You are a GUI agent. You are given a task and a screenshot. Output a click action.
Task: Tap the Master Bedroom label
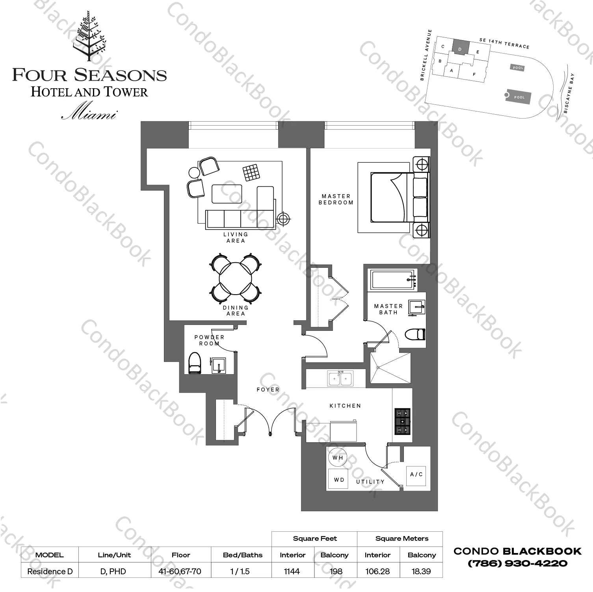tap(336, 199)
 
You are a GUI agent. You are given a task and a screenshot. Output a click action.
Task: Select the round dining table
tap(236, 279)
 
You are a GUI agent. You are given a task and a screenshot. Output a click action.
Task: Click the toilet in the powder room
tap(195, 363)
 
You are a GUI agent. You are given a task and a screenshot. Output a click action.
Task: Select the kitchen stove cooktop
tap(402, 421)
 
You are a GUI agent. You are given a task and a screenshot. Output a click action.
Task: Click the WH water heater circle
tap(338, 458)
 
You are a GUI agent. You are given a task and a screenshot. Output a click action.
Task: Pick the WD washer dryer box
tap(338, 479)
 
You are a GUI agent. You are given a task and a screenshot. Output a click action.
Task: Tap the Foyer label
tap(268, 390)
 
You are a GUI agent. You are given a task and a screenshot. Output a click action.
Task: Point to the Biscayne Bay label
tap(569, 93)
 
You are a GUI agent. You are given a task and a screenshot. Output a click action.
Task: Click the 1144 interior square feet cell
tap(292, 571)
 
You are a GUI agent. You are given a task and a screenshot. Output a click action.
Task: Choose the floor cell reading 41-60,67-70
tap(180, 571)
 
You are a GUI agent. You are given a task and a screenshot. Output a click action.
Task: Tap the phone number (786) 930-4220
tap(517, 563)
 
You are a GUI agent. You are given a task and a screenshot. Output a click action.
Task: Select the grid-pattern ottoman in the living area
tap(251, 173)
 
